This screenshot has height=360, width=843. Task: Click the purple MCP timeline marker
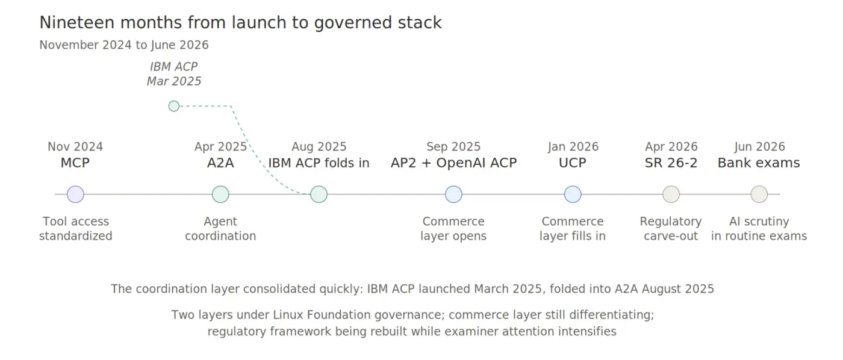click(x=75, y=194)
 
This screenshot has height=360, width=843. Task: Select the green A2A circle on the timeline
click(x=220, y=194)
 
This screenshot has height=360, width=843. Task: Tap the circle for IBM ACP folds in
click(x=319, y=194)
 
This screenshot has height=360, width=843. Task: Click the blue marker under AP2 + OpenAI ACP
click(x=453, y=194)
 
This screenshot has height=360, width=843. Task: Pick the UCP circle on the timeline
click(x=573, y=194)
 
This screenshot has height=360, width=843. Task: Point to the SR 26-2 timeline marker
click(x=671, y=194)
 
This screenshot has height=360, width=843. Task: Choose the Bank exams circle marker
click(x=759, y=194)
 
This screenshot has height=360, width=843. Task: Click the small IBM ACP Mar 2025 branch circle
click(x=174, y=106)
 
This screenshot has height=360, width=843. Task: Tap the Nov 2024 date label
click(x=75, y=147)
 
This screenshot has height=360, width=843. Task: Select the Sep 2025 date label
click(x=453, y=147)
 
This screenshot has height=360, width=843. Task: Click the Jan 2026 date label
click(x=573, y=147)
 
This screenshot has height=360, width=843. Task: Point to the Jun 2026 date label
click(x=759, y=147)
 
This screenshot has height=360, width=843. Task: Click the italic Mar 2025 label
click(x=174, y=81)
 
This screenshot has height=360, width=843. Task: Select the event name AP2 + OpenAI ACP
click(x=453, y=163)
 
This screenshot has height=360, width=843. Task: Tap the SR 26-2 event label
click(x=671, y=163)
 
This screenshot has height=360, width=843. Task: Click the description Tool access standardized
click(x=76, y=228)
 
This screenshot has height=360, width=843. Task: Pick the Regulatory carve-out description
click(x=671, y=228)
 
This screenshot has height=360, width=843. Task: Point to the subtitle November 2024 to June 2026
click(x=124, y=45)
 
